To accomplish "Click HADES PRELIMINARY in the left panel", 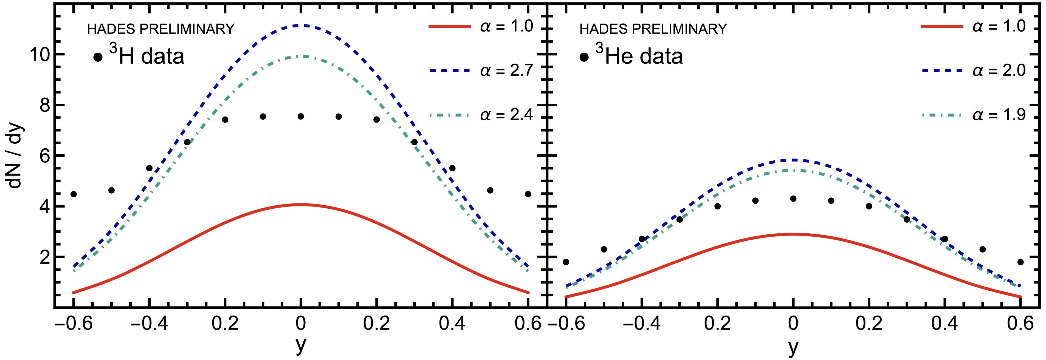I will pyautogui.click(x=161, y=29).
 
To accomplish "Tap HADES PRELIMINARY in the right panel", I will pyautogui.click(x=653, y=29).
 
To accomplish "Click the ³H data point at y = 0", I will pyautogui.click(x=301, y=117).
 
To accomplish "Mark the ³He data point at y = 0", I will pyautogui.click(x=793, y=199).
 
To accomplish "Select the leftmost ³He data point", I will pyautogui.click(x=566, y=262).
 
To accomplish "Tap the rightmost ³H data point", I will pyautogui.click(x=528, y=194).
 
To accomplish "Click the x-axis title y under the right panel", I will pyautogui.click(x=793, y=347).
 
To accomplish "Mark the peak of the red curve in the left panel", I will pyautogui.click(x=301, y=205).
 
